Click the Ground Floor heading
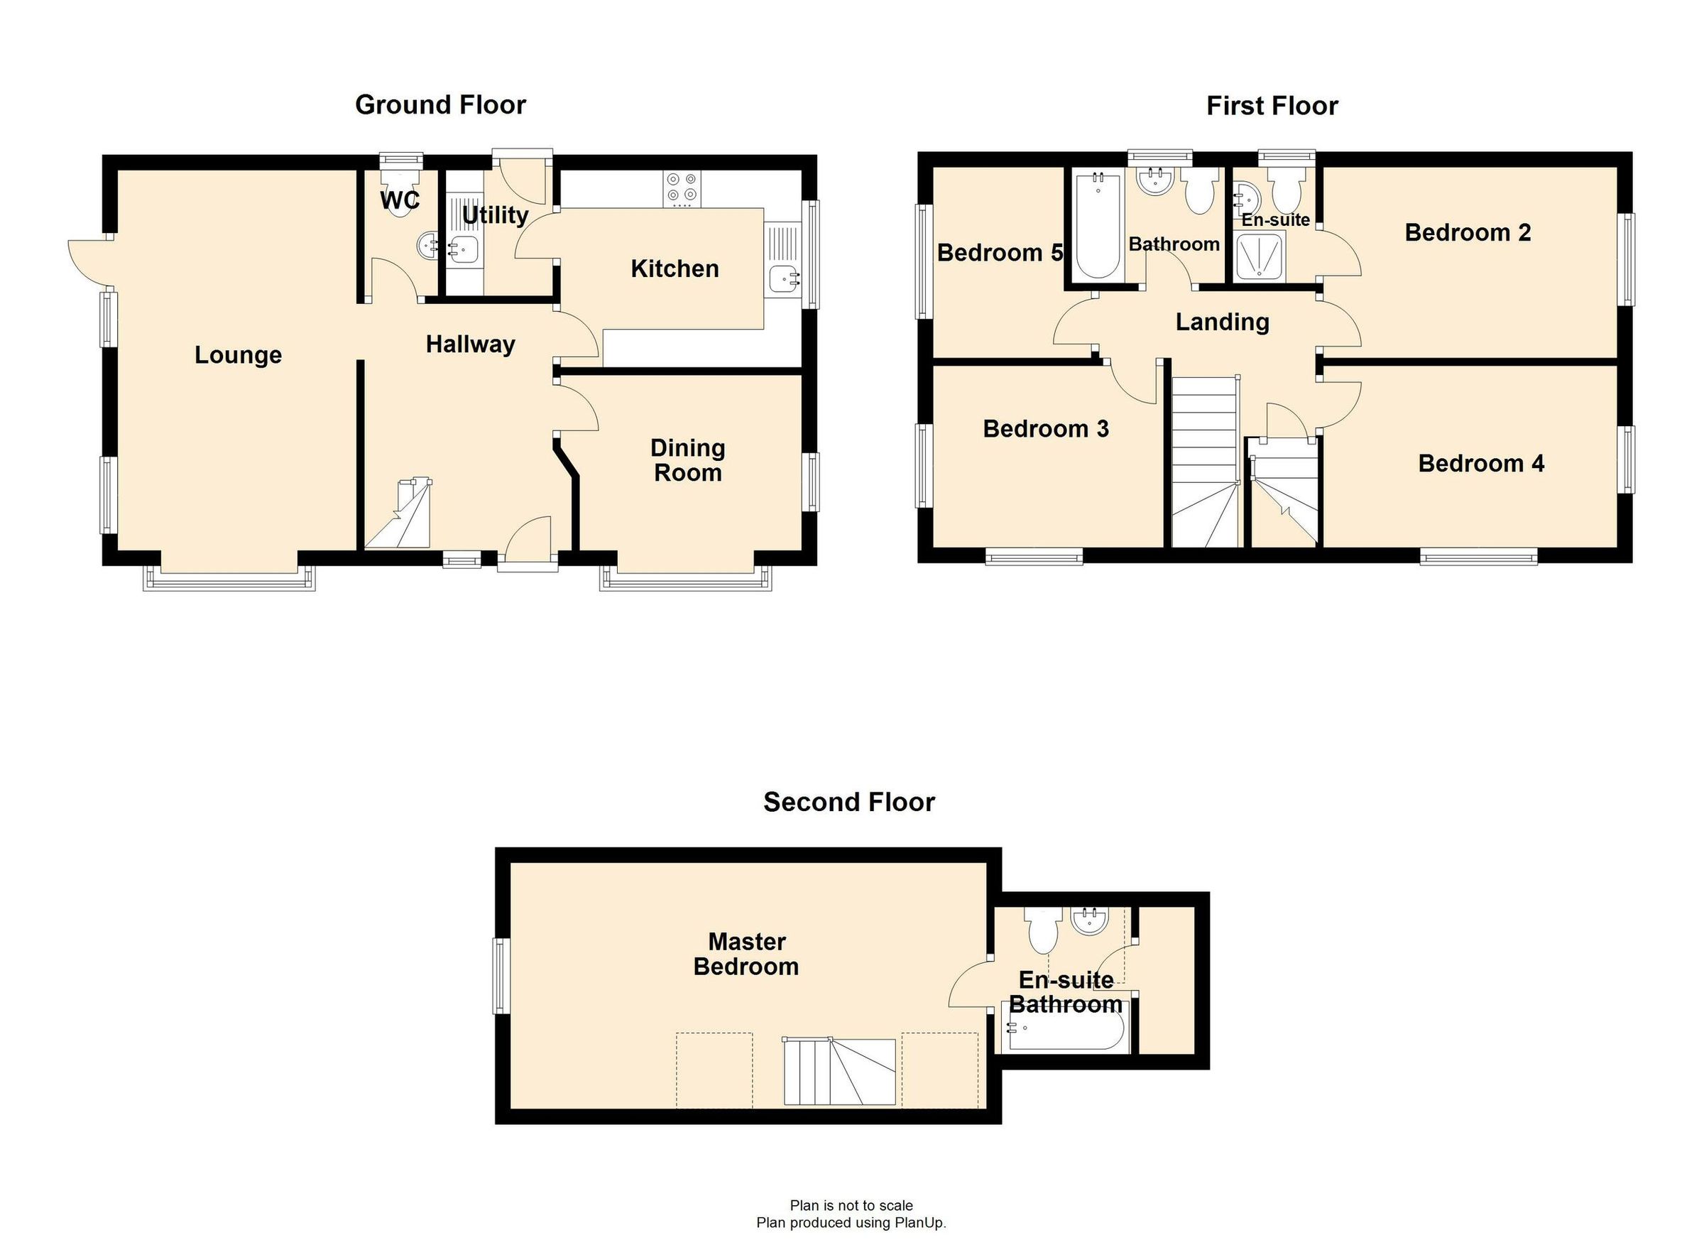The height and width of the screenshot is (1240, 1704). (440, 105)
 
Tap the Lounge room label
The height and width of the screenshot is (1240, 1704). (238, 354)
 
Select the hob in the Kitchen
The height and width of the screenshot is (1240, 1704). (682, 189)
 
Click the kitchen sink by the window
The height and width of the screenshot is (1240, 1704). (784, 279)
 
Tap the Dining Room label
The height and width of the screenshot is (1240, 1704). (687, 460)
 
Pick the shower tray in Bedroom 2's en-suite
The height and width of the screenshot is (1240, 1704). (1260, 256)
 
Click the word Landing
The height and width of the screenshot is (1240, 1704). (1223, 322)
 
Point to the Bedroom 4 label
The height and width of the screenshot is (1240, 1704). (1481, 464)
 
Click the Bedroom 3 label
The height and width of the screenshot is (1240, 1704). (1046, 429)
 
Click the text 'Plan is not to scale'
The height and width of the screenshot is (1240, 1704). (851, 1206)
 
